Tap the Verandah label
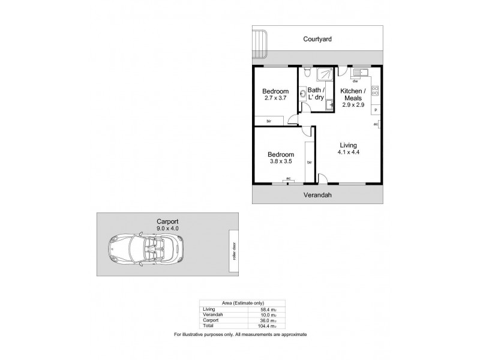point(317,195)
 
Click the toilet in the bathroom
point(306,74)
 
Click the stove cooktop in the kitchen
point(374,92)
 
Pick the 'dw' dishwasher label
point(355,81)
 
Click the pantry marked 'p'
point(375,110)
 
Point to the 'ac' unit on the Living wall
point(376,125)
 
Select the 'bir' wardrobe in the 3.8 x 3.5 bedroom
point(310,162)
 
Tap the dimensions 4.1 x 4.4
point(348,153)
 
